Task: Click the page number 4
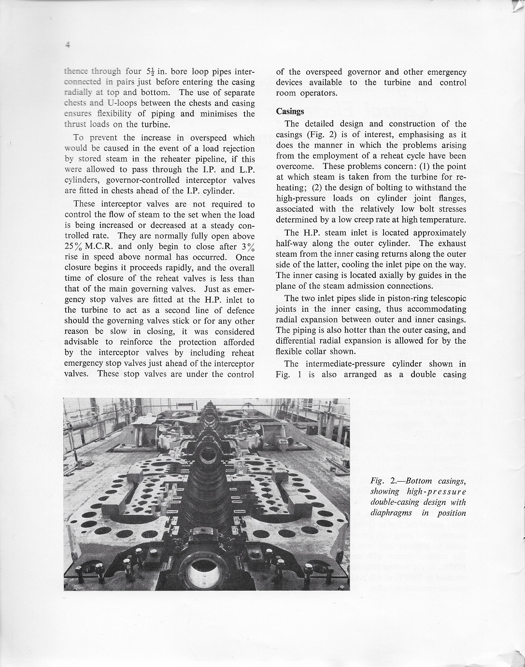click(x=68, y=45)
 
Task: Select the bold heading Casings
click(x=290, y=111)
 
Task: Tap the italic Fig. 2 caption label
click(x=385, y=481)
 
